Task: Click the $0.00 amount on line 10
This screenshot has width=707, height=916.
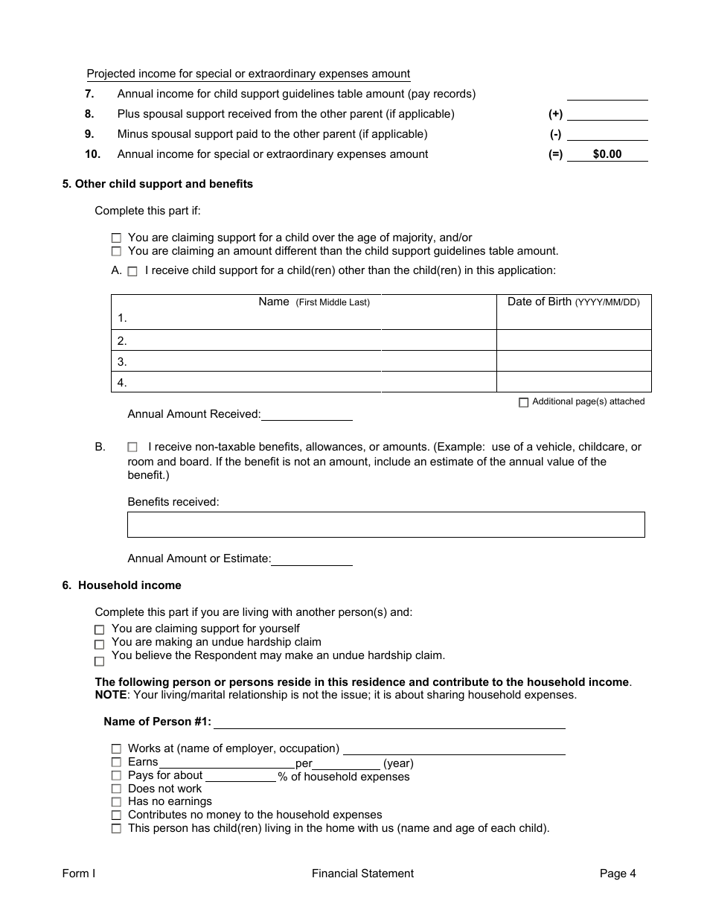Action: tap(607, 155)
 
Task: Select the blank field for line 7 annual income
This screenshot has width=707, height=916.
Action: tap(607, 95)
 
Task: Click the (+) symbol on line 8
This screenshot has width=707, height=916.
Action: tap(555, 115)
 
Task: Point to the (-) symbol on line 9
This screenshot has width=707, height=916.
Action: tap(555, 135)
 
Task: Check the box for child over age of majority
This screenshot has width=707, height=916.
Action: tap(116, 238)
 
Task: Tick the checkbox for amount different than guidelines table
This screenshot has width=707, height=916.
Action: tap(116, 252)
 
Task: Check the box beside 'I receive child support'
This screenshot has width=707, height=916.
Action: tap(132, 272)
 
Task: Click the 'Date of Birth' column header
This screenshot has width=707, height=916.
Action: tap(573, 302)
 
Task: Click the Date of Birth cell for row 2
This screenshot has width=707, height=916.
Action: tap(573, 341)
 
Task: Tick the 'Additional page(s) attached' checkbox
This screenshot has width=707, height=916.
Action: tap(523, 402)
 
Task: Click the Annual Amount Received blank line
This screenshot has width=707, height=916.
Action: tap(307, 415)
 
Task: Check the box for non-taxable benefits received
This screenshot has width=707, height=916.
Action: tap(132, 448)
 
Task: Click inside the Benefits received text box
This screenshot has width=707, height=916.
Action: tap(386, 524)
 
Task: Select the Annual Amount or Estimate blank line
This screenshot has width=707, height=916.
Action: tap(312, 559)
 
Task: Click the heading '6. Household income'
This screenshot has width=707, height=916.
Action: tap(121, 585)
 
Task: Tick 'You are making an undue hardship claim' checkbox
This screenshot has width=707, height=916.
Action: tap(100, 644)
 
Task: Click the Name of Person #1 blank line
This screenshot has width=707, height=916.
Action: tap(389, 722)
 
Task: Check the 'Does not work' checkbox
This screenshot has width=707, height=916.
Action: tap(116, 789)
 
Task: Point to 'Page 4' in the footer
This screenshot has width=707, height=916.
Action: tap(618, 874)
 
